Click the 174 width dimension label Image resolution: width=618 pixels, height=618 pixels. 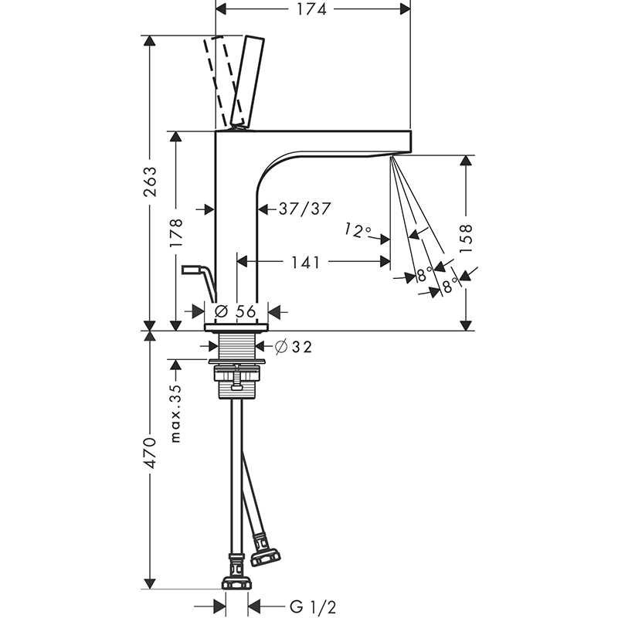(x=311, y=9)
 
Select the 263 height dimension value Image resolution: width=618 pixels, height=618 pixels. (x=150, y=182)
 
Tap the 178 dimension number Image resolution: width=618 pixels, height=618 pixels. (x=176, y=233)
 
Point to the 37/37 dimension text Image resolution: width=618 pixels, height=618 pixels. (x=304, y=209)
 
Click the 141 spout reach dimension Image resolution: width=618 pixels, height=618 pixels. (x=305, y=262)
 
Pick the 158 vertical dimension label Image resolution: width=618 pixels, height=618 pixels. (x=466, y=239)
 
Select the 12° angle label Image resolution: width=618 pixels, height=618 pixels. (x=358, y=230)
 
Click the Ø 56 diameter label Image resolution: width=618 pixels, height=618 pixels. (x=236, y=311)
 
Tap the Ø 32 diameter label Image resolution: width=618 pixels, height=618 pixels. (x=294, y=347)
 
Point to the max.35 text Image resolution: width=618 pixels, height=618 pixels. (x=176, y=414)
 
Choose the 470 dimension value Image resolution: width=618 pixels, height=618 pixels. (x=150, y=453)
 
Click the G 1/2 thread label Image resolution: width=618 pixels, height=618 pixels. (x=313, y=607)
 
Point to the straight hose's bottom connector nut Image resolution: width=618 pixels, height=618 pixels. (x=236, y=583)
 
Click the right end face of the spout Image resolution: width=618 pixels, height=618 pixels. (x=411, y=141)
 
